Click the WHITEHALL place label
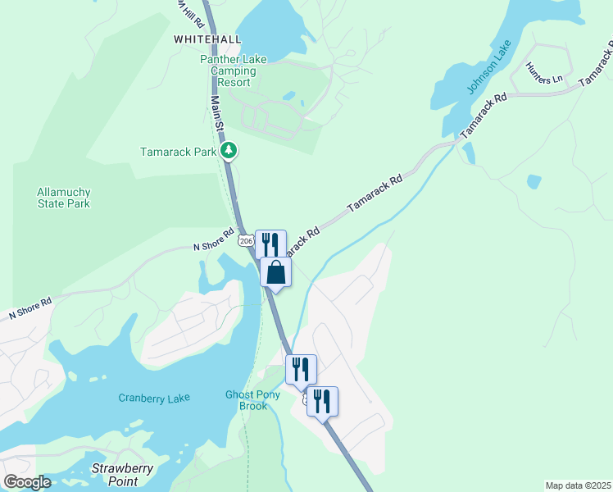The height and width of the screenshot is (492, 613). pyautogui.click(x=207, y=39)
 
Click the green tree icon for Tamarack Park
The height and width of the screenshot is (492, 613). pyautogui.click(x=230, y=151)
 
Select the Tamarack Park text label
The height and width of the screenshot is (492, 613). pyautogui.click(x=178, y=152)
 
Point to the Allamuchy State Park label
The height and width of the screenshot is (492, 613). pyautogui.click(x=63, y=198)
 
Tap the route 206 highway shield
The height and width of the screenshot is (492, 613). pyautogui.click(x=246, y=240)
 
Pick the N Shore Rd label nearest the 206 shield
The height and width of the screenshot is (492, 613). pyautogui.click(x=214, y=245)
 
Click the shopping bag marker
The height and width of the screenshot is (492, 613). pyautogui.click(x=276, y=272)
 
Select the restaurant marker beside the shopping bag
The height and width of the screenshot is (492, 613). pyautogui.click(x=270, y=244)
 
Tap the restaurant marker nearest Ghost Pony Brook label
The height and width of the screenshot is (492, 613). pyautogui.click(x=301, y=369)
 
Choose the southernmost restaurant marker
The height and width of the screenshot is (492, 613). pyautogui.click(x=322, y=401)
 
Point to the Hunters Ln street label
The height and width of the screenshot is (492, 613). pyautogui.click(x=545, y=73)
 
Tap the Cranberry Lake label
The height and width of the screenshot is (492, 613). pyautogui.click(x=154, y=399)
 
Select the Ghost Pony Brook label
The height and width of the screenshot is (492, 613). pyautogui.click(x=253, y=400)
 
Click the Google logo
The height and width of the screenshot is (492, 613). pyautogui.click(x=27, y=482)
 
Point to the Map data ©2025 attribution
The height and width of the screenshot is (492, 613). pyautogui.click(x=578, y=485)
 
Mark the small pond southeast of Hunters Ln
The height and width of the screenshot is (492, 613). pyautogui.click(x=534, y=181)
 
